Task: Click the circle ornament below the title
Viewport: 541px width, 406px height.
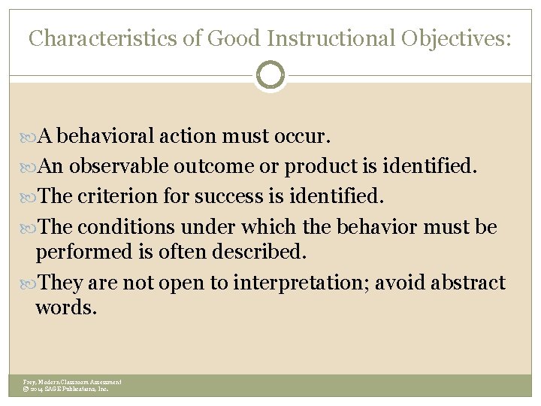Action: tap(270, 75)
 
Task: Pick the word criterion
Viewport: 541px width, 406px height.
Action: tap(125, 197)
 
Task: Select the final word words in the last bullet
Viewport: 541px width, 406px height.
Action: tap(66, 308)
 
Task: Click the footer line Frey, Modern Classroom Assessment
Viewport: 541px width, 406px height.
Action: tap(72, 382)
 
